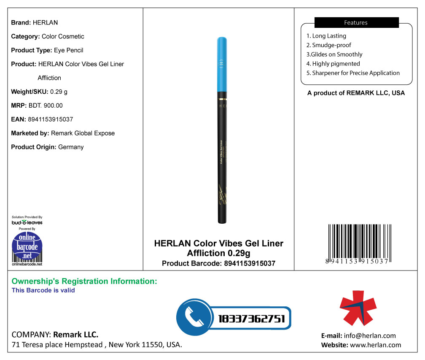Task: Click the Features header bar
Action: point(356,23)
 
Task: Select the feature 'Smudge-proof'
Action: point(329,45)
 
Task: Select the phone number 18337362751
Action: point(252,319)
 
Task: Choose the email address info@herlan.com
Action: point(370,336)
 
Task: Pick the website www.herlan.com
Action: point(375,345)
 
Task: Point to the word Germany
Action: point(71,147)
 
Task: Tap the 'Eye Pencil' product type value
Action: point(68,50)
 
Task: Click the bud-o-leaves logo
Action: point(27,222)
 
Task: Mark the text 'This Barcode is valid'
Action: point(43,290)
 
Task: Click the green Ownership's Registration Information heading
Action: point(84,281)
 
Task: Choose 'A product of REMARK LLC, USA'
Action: point(356,93)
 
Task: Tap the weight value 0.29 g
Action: point(59,92)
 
